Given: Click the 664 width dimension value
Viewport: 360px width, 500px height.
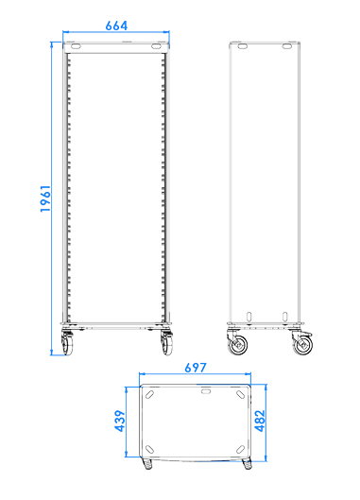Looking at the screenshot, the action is [x=116, y=26].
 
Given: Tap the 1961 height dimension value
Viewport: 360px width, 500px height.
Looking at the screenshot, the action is [x=45, y=198].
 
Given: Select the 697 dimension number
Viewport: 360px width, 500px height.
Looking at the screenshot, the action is [x=196, y=368].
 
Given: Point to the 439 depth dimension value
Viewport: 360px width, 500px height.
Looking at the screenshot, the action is [x=120, y=421].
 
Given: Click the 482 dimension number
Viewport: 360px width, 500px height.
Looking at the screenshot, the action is [x=260, y=421].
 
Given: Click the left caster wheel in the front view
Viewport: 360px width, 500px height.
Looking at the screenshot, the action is [x=67, y=343].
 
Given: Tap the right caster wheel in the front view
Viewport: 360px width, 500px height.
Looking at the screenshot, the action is [x=167, y=343].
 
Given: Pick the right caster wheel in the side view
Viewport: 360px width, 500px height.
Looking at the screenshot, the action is [x=302, y=343].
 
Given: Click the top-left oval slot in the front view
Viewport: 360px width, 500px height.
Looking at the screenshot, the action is [x=76, y=46].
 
